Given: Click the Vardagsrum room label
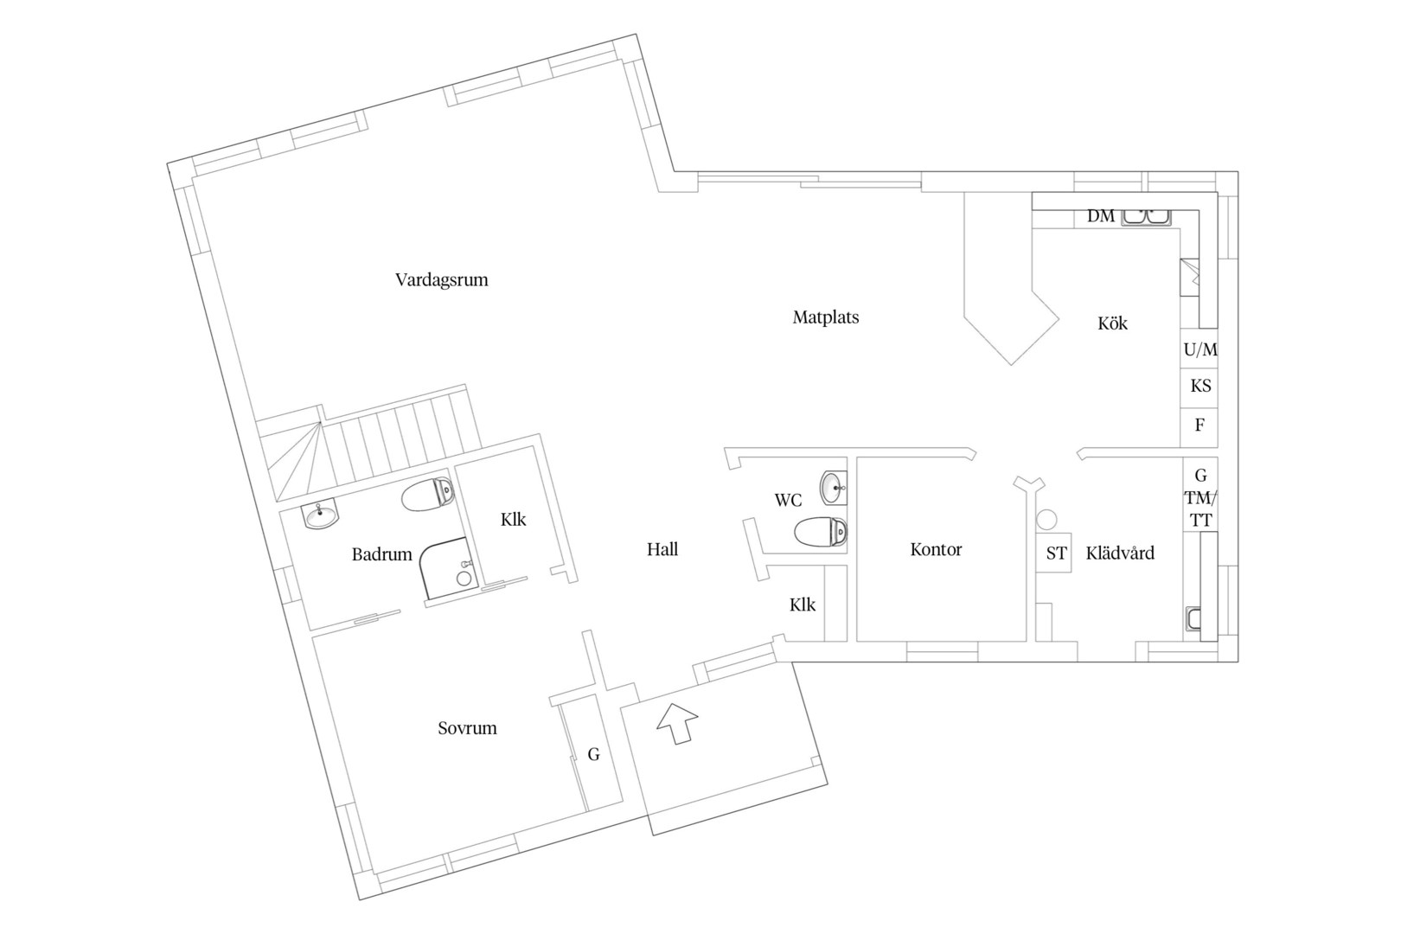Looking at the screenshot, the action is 442,280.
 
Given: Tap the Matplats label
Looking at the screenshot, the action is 826,317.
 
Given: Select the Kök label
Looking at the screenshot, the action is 1113,323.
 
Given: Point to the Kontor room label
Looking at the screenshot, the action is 936,550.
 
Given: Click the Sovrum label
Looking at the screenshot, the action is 467,728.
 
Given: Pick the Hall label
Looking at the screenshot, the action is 662,549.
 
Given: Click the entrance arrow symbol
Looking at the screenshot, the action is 677,723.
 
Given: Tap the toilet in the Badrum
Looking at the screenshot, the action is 428,494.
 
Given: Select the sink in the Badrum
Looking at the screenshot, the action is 320,515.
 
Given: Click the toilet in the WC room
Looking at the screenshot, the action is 821,532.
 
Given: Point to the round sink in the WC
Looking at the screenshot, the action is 833,488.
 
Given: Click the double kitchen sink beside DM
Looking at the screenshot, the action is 1146,216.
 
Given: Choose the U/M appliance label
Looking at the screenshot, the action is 1200,349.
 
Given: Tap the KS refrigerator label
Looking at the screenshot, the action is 1200,386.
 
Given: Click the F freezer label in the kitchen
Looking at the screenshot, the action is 1199,425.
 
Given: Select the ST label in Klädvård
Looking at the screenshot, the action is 1057,553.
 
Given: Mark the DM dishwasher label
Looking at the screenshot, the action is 1101,216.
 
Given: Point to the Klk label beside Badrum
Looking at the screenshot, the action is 513,520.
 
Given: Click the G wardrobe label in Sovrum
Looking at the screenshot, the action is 593,754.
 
